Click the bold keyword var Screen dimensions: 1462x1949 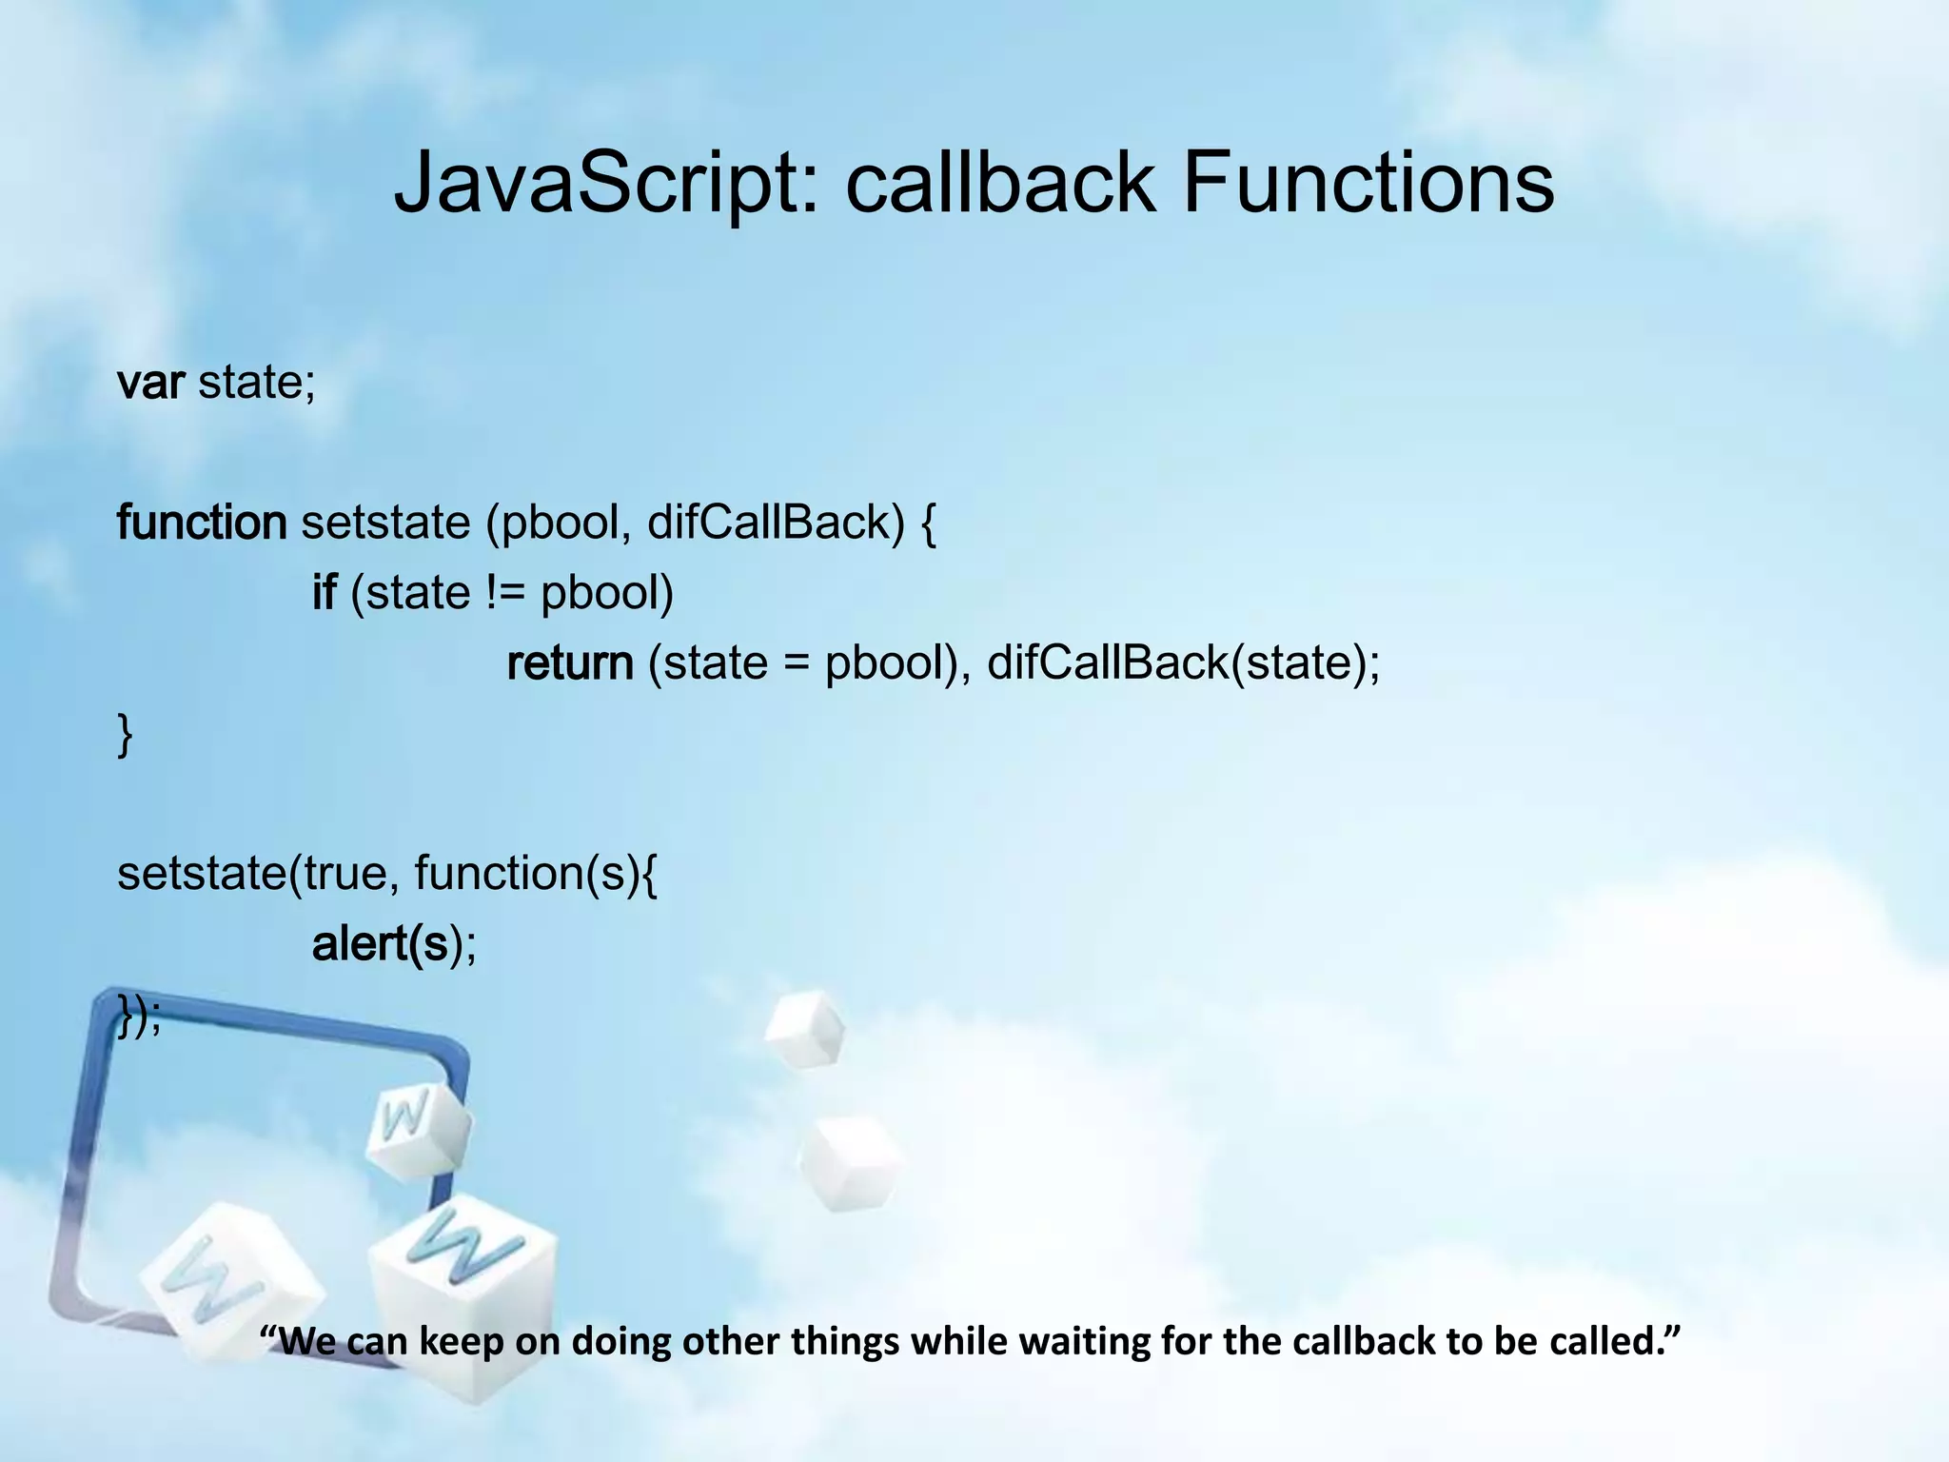pos(150,383)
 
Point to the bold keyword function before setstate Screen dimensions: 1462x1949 pos(201,523)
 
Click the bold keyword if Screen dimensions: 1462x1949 pos(324,593)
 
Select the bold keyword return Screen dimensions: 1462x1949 pos(570,663)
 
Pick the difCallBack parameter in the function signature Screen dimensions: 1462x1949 pos(775,523)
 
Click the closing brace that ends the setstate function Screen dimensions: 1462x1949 pos(125,735)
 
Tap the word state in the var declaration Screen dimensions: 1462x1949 pos(255,383)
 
